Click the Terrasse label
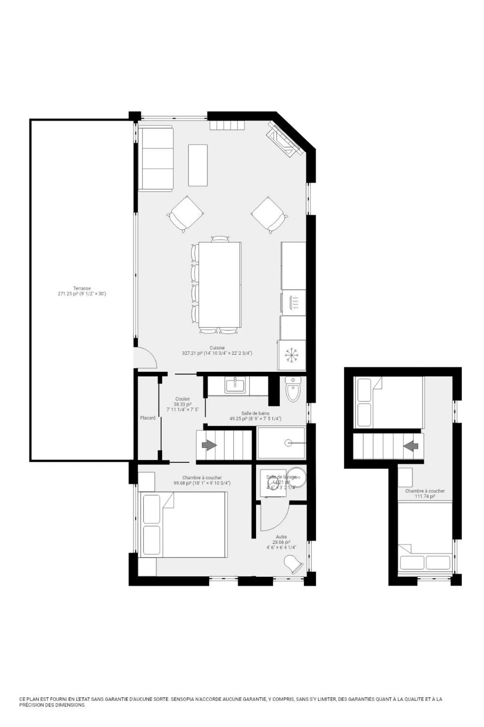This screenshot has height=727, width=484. pyautogui.click(x=82, y=288)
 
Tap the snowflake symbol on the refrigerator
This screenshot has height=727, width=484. pyautogui.click(x=291, y=355)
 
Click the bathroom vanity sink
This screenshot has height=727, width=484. pyautogui.click(x=235, y=386)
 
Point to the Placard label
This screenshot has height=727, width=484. pyautogui.click(x=147, y=418)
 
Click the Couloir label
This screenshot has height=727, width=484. pyautogui.click(x=183, y=399)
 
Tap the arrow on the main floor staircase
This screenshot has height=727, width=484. pyautogui.click(x=209, y=445)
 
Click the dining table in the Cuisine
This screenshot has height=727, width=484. pyautogui.click(x=220, y=284)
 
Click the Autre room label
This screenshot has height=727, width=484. pyautogui.click(x=281, y=537)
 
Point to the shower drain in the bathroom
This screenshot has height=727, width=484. pyautogui.click(x=289, y=442)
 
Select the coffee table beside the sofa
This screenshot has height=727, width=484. pyautogui.click(x=198, y=165)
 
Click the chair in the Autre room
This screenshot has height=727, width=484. pyautogui.click(x=294, y=564)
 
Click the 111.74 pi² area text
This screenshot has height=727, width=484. pyautogui.click(x=425, y=496)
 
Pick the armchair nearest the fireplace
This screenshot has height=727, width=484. pyautogui.click(x=269, y=214)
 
